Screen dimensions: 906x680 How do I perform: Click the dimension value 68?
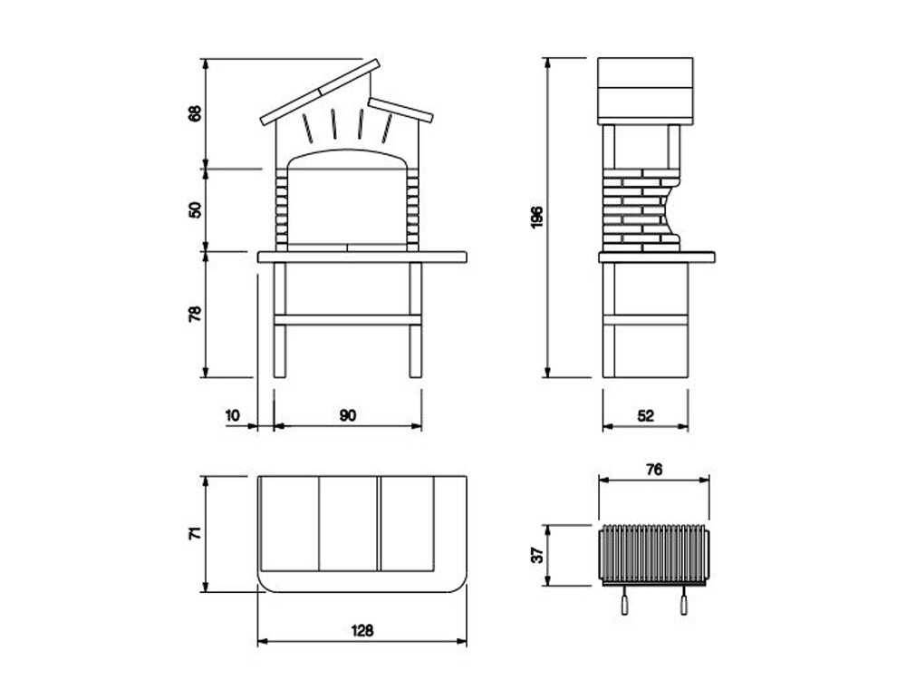point(196,112)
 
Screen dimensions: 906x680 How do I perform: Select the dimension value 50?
point(196,209)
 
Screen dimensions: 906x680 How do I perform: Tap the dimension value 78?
point(196,314)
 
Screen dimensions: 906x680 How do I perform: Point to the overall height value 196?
point(537,218)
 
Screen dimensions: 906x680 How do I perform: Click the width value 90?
point(348,415)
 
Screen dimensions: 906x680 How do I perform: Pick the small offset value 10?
point(232,415)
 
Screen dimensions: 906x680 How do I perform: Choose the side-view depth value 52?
point(645,415)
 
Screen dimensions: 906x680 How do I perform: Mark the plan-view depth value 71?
point(196,533)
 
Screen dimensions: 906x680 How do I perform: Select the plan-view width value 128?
point(362,630)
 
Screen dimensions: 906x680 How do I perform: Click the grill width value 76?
point(654,470)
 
